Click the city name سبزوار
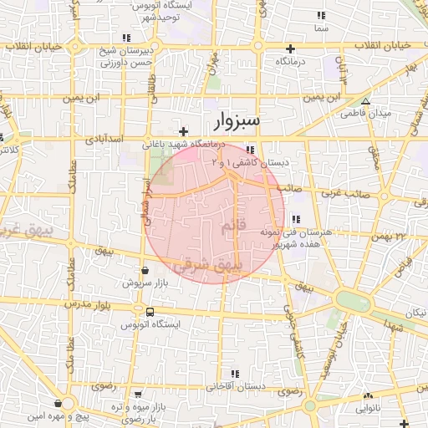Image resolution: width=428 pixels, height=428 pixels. (237, 121)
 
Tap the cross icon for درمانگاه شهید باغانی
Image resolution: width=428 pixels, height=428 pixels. (184, 131)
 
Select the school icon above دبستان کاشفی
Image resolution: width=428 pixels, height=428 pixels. (250, 150)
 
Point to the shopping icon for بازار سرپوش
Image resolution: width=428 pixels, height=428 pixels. (146, 271)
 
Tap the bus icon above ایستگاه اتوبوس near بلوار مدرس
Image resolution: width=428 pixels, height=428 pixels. (149, 312)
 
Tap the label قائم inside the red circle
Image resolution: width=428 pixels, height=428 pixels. (232, 227)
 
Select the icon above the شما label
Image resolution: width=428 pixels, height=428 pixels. (320, 16)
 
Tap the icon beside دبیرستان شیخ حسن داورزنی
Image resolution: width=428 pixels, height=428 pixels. (126, 38)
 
